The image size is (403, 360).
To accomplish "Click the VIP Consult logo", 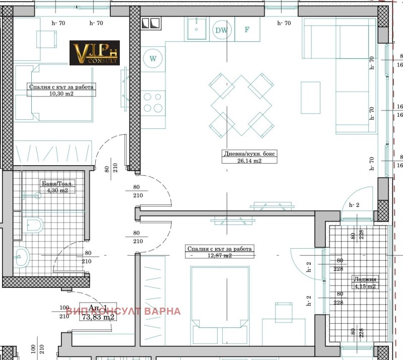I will [x=95, y=53].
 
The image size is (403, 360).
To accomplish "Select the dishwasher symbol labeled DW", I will [x=221, y=30].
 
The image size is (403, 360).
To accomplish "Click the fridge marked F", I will [x=247, y=29].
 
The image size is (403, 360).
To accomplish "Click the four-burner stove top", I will [x=153, y=102].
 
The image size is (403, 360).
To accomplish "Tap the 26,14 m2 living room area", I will [x=250, y=161].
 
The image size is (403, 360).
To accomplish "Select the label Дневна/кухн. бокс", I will [x=250, y=154].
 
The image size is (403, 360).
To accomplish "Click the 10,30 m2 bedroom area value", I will [x=61, y=94].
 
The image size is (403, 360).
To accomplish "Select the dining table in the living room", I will [x=241, y=105].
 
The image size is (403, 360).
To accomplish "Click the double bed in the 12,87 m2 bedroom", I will [x=220, y=297].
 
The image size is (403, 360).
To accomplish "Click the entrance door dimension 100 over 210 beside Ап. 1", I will [x=64, y=312].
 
